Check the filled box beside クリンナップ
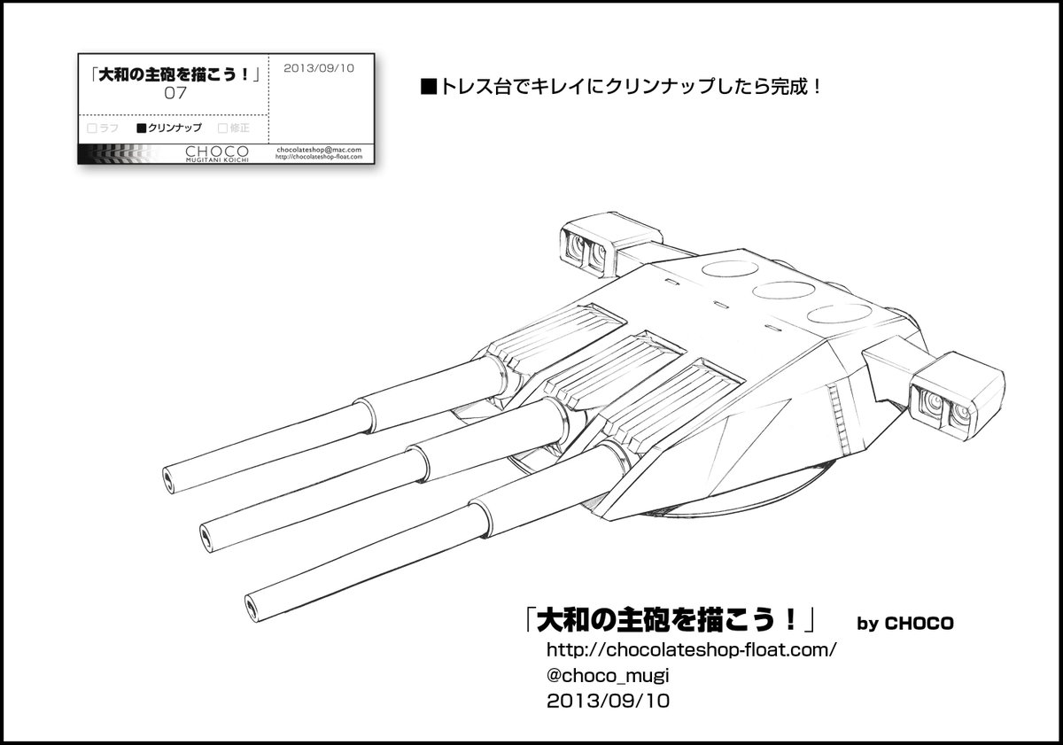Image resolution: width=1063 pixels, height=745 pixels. [x=141, y=128]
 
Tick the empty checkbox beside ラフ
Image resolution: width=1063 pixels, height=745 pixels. [x=91, y=128]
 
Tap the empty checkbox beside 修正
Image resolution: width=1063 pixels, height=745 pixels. [x=221, y=128]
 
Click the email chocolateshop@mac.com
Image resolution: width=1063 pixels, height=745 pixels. [x=319, y=150]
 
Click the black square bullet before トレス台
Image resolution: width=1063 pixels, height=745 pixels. [x=427, y=89]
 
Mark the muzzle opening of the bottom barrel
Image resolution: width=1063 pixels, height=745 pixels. [x=252, y=605]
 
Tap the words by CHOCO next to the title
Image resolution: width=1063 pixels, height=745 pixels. [x=905, y=624]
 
